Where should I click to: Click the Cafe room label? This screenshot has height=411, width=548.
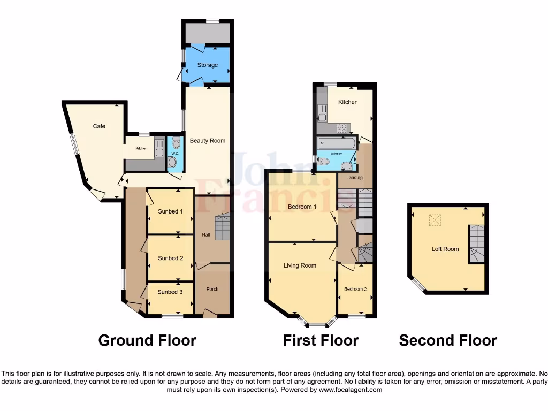click(x=99, y=126)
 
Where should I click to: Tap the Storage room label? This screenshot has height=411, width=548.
click(x=207, y=65)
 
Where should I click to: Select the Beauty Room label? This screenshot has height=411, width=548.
click(x=208, y=141)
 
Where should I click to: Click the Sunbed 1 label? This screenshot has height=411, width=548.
click(x=170, y=211)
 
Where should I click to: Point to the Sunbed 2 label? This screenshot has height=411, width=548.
click(x=170, y=258)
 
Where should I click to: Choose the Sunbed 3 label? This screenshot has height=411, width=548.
click(x=170, y=292)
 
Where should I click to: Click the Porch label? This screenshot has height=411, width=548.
click(x=212, y=289)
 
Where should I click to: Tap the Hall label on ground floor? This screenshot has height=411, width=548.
click(x=206, y=235)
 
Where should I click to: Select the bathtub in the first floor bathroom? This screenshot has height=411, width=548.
click(x=336, y=143)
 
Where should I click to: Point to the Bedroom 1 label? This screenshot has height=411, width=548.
click(x=302, y=207)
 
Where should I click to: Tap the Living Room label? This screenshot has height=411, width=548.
click(x=300, y=265)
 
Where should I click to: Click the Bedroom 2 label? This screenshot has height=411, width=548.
click(x=355, y=289)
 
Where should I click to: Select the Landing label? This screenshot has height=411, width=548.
click(x=354, y=177)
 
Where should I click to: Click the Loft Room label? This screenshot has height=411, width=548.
click(x=445, y=249)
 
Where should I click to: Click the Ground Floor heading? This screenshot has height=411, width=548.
click(x=147, y=340)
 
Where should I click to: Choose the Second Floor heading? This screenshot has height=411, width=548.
click(x=448, y=340)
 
